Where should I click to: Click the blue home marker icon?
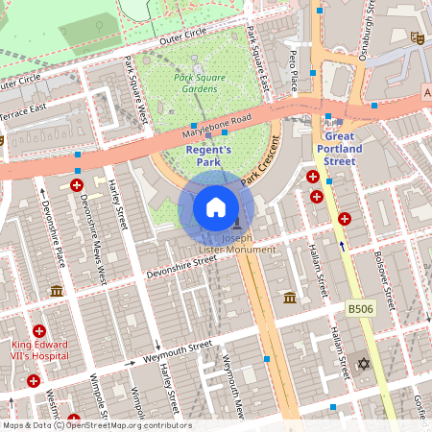tap(216, 206)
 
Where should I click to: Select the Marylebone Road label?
tap(216, 126)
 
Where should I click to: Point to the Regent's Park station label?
tap(208, 156)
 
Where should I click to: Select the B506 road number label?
tap(359, 308)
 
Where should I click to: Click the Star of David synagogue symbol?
tap(363, 364)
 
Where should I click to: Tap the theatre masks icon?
tap(417, 37)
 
